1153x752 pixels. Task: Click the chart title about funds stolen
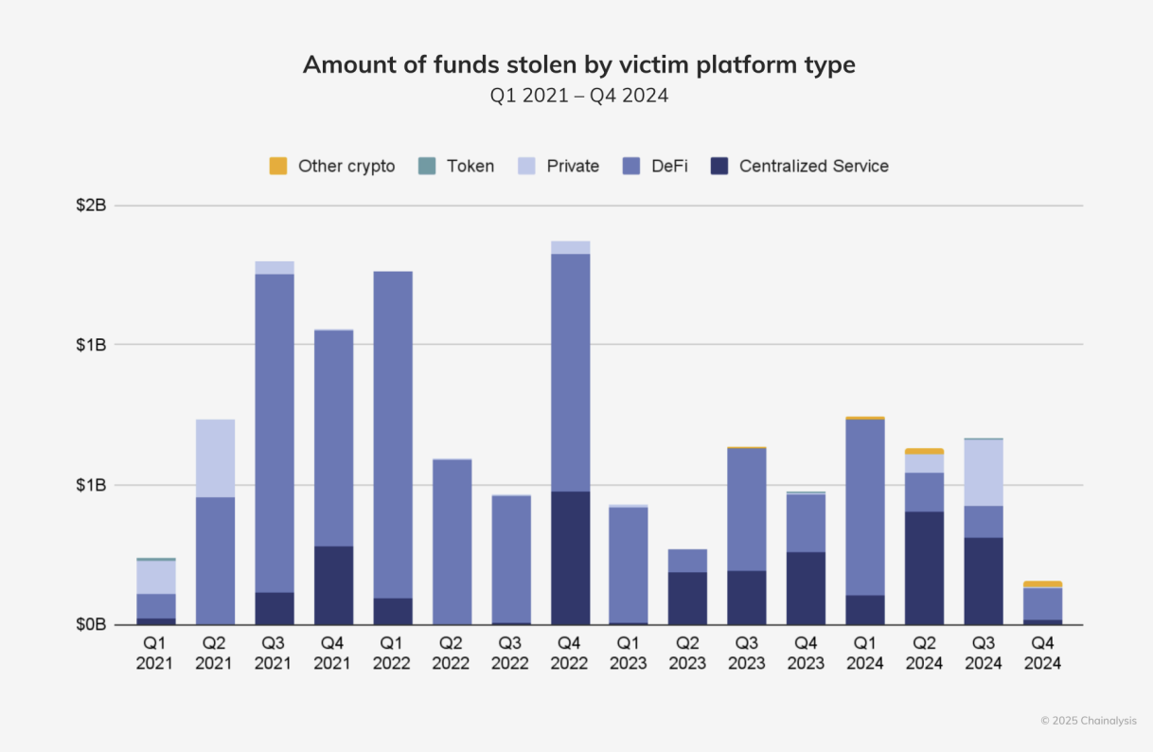(x=578, y=64)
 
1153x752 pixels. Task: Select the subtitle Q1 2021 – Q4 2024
(x=578, y=96)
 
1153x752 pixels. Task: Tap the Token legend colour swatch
(x=426, y=166)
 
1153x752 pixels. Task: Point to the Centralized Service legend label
(x=813, y=166)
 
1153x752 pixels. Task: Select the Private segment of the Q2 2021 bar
(x=215, y=458)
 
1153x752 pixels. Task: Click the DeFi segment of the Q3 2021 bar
(x=275, y=433)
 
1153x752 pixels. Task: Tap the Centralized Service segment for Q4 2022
(x=570, y=558)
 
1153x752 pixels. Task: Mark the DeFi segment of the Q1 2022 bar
(x=392, y=435)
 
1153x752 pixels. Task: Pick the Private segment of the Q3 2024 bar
(x=984, y=473)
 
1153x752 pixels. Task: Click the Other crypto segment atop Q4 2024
(x=1042, y=584)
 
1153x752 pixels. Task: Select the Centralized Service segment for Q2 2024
(x=924, y=568)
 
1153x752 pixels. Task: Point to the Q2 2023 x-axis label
(x=687, y=654)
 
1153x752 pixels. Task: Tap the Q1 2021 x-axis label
(x=155, y=654)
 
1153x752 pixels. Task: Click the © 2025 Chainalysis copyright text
(x=1089, y=721)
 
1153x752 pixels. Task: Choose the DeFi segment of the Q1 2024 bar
(x=865, y=507)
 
